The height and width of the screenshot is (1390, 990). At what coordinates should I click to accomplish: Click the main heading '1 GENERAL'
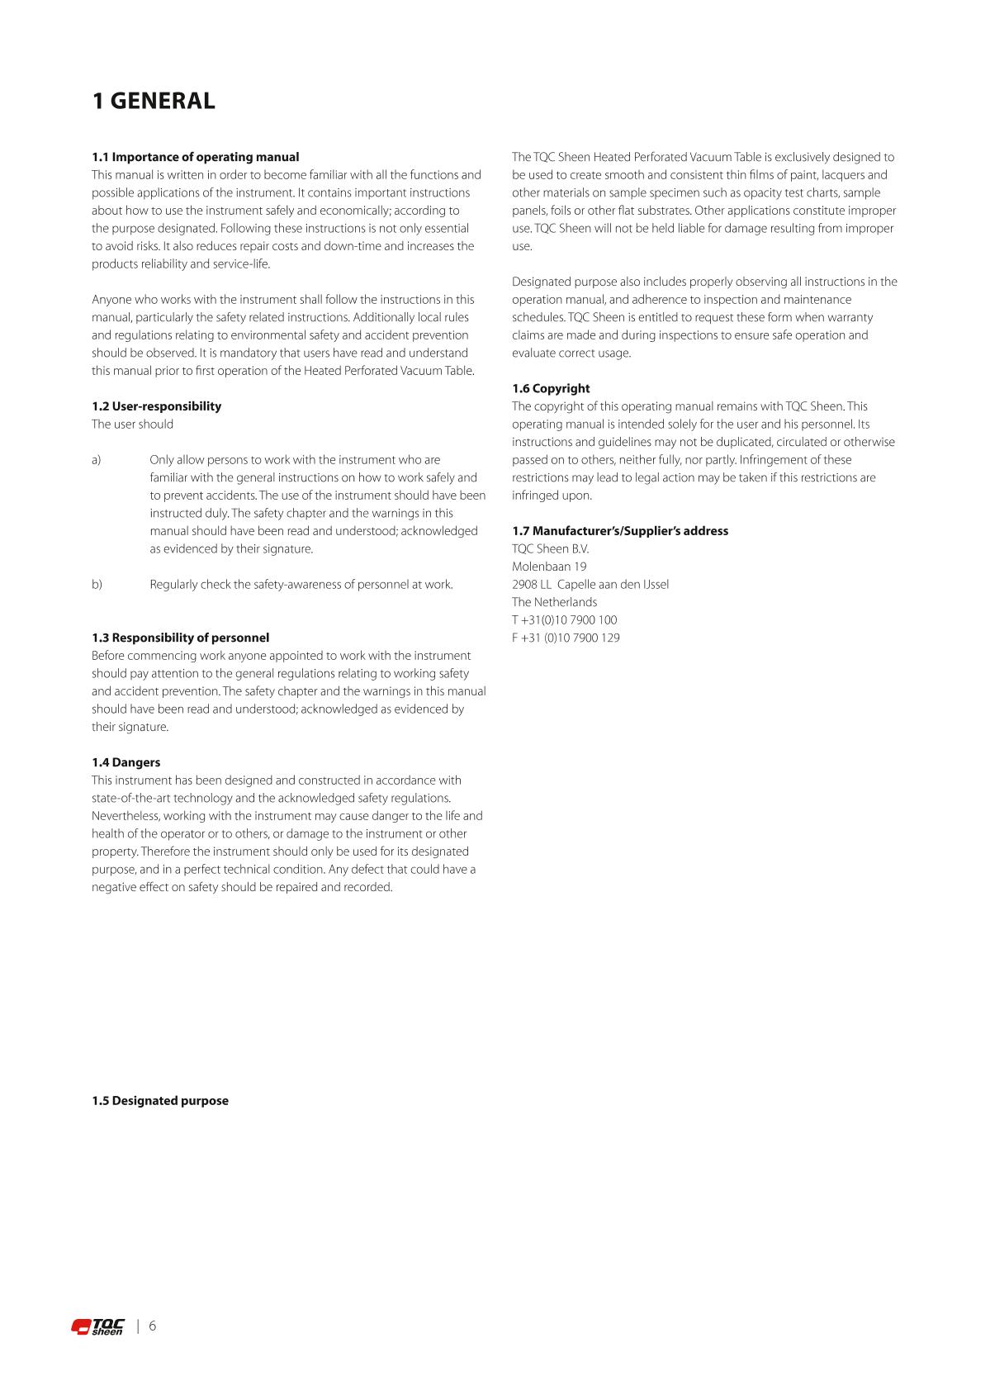tap(154, 102)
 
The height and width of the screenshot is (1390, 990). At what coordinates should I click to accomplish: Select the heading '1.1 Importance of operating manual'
tap(196, 157)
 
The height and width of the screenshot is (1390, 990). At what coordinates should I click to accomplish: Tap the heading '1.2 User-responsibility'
tap(157, 406)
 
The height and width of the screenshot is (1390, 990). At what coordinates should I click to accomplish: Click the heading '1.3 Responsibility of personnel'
tap(181, 638)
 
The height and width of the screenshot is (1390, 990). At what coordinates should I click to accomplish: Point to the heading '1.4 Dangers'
tap(126, 762)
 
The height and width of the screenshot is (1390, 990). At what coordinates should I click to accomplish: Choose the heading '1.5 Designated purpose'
tap(160, 1101)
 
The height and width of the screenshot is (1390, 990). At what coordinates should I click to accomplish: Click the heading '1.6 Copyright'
tap(551, 388)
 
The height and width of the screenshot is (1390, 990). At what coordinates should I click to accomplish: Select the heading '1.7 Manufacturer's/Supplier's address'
tap(620, 531)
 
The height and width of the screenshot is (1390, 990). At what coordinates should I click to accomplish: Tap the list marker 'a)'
tap(97, 460)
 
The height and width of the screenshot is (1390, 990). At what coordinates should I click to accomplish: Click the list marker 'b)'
tap(97, 585)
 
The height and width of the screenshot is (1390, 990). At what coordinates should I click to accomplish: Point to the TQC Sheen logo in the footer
tap(97, 1326)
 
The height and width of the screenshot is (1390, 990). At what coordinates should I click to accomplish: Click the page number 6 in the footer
tap(152, 1326)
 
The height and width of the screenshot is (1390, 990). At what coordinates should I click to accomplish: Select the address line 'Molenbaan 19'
tap(549, 567)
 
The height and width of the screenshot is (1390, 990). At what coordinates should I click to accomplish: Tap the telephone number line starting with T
tap(564, 620)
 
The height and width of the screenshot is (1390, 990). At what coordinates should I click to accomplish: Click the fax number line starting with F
tap(566, 638)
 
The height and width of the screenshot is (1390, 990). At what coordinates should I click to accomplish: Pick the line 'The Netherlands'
tap(554, 602)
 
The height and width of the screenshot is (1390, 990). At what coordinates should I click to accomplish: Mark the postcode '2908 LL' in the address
tap(531, 585)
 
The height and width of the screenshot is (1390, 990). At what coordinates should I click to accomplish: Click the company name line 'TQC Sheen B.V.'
tap(550, 549)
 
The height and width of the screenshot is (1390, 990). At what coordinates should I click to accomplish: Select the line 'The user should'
tap(132, 425)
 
